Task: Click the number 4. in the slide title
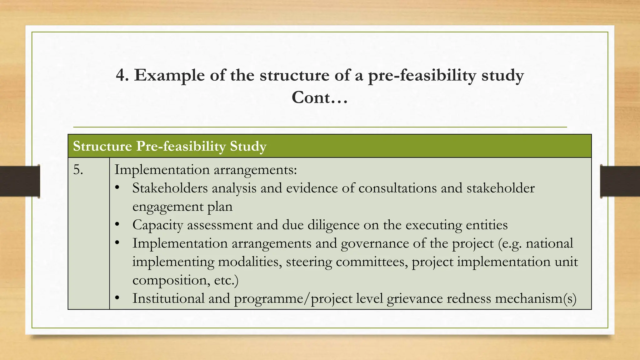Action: (x=122, y=75)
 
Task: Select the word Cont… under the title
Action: (x=319, y=97)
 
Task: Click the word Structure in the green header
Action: (x=102, y=146)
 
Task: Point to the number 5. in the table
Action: (x=78, y=170)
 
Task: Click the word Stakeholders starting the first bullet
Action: (x=170, y=188)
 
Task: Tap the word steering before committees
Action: (x=309, y=262)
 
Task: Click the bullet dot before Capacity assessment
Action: (x=117, y=225)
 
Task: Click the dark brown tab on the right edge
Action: (x=620, y=181)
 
